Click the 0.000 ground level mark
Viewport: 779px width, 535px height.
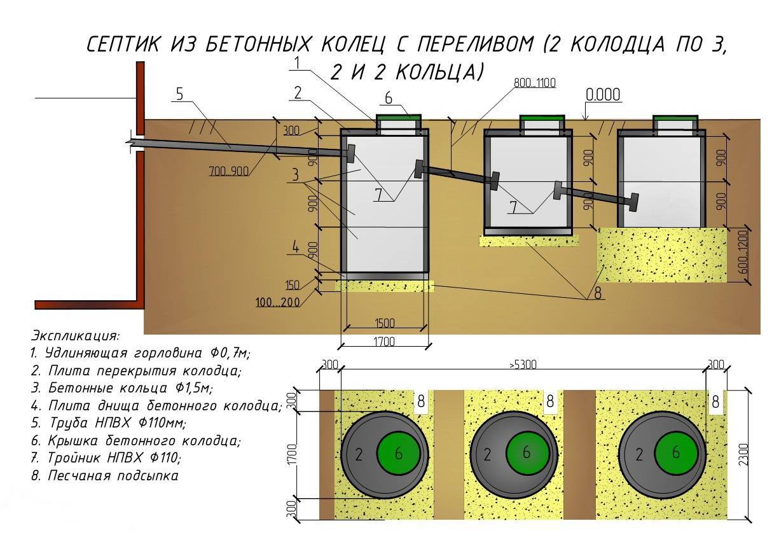coord(603,95)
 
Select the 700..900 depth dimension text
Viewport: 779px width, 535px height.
coord(228,170)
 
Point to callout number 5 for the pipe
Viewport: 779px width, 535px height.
coord(179,94)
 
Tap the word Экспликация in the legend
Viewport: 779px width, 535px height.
coord(75,335)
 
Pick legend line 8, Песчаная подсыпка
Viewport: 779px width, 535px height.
coord(105,475)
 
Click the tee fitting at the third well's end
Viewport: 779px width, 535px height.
coord(633,202)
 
